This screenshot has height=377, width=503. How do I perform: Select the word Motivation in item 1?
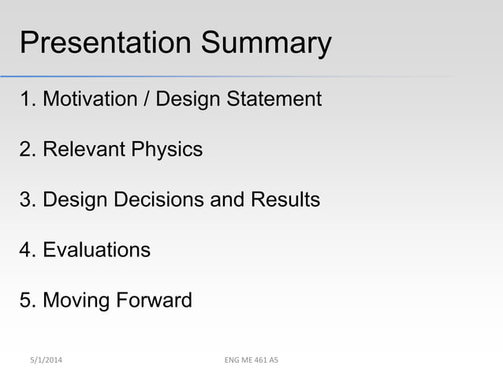point(89,99)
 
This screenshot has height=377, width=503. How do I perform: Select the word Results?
point(285,200)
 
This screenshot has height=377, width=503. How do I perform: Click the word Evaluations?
point(96,250)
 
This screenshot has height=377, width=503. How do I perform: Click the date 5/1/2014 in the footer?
point(43,360)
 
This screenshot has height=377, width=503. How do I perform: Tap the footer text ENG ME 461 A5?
point(251,360)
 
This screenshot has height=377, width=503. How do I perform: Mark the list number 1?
point(26,99)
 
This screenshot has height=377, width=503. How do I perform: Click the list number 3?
point(26,200)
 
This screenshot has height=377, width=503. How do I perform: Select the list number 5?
point(26,300)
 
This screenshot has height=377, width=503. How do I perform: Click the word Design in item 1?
point(188,99)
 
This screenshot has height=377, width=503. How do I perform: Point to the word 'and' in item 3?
point(229,200)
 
